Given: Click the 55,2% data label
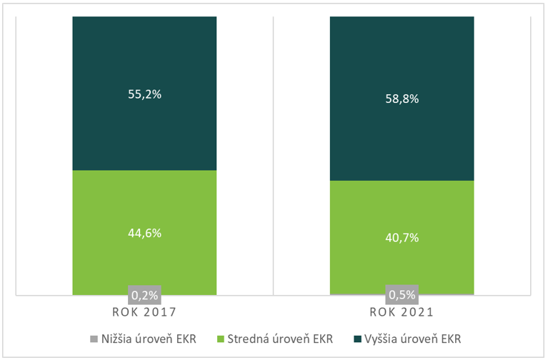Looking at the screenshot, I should pos(144,94).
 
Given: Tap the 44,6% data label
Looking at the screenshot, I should pos(144,234).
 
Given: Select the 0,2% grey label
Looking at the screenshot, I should pos(144,294).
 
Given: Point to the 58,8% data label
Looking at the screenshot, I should pos(402,99).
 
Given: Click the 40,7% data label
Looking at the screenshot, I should pos(402,239).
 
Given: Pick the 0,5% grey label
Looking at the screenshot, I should pos(402,294).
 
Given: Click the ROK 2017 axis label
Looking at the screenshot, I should pos(144,312).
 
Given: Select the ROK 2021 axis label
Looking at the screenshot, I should pos(402,312).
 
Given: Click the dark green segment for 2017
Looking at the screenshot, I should pos(144,57).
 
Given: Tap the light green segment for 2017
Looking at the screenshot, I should pos(144,200).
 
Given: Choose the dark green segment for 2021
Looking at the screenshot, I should pos(402,57).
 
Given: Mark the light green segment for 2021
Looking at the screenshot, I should pos(402,207).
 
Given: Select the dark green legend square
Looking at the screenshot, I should pos(357,338).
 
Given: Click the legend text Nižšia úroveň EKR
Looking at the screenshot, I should pos(148,338).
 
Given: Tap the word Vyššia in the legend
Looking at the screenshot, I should pos(384,338).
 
